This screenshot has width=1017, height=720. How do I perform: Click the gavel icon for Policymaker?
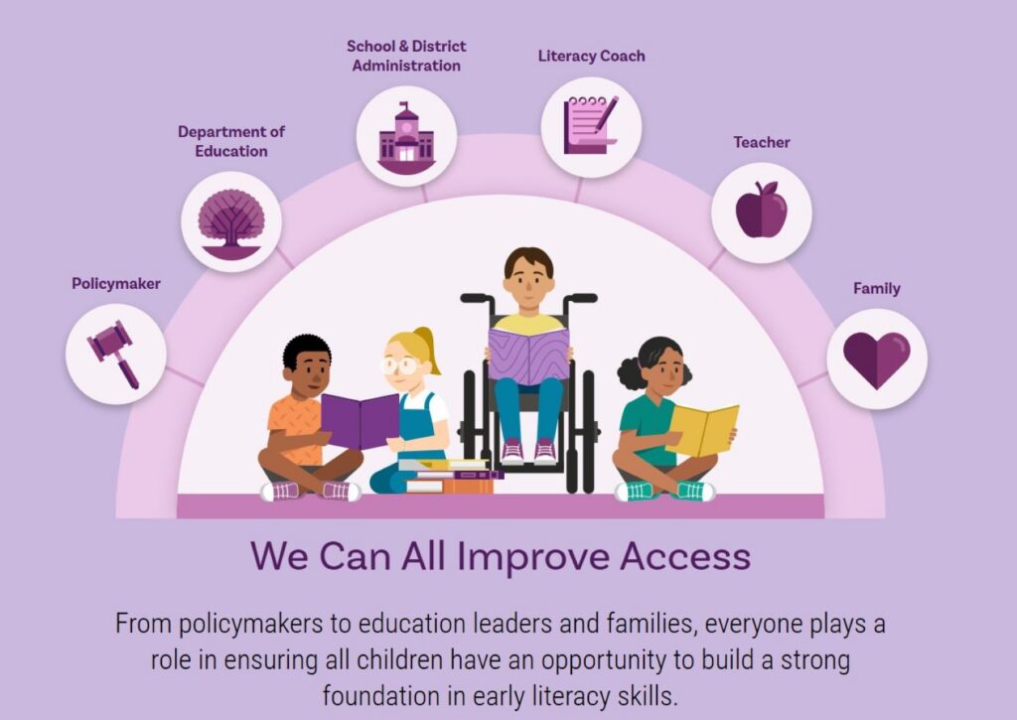(x=114, y=355)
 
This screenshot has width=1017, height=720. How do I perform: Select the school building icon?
(x=406, y=137)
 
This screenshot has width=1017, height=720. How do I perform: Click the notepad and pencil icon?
(x=591, y=125)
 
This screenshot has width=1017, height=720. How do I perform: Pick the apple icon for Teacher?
(x=762, y=210)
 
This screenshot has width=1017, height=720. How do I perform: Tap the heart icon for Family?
(x=876, y=360)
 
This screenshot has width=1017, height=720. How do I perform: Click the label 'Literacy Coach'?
(x=592, y=57)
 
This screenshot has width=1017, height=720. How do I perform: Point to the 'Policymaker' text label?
(x=116, y=283)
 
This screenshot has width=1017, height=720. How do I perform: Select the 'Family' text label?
(x=876, y=289)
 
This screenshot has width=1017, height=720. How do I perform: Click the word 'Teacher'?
(x=762, y=142)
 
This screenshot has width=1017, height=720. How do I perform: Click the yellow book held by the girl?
(x=702, y=429)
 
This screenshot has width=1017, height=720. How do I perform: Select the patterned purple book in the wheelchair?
(x=528, y=355)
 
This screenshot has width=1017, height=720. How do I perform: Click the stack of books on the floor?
(x=451, y=476)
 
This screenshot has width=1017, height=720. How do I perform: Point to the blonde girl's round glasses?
(x=399, y=365)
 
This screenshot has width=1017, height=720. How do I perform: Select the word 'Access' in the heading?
(x=685, y=556)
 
